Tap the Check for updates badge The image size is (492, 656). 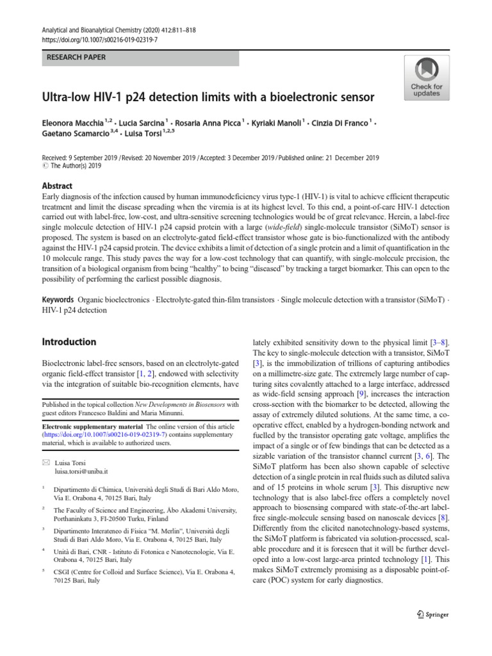tap(426, 78)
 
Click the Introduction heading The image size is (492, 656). tap(69, 341)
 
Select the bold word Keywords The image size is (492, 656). tap(58, 300)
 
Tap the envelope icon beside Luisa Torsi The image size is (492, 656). tap(46, 462)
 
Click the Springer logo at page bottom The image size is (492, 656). tap(432, 614)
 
